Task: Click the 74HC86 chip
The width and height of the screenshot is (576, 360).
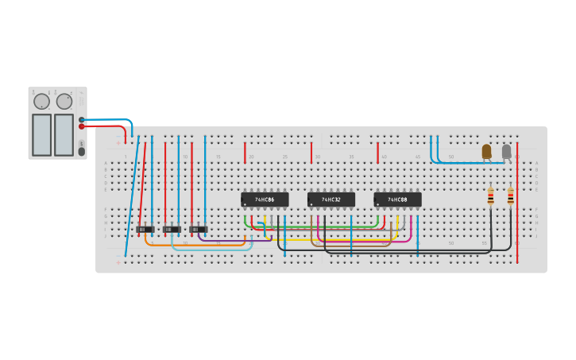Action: click(x=265, y=199)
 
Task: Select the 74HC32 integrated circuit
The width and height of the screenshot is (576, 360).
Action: click(x=331, y=199)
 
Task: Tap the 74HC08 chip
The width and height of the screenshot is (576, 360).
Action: click(x=397, y=199)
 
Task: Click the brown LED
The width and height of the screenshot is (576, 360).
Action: click(x=486, y=150)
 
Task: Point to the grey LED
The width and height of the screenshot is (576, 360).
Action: click(x=506, y=150)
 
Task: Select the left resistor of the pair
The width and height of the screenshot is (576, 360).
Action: click(x=490, y=196)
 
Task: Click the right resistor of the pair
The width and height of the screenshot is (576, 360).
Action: click(x=510, y=196)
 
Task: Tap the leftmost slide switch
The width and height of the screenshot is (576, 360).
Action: click(x=145, y=230)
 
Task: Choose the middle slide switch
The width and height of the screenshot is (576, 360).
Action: click(x=172, y=230)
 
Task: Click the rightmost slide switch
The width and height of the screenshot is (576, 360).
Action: click(x=199, y=230)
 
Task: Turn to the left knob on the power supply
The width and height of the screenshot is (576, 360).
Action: click(x=41, y=102)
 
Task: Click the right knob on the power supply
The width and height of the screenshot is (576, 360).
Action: click(x=64, y=102)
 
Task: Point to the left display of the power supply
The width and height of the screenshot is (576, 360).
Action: click(x=41, y=134)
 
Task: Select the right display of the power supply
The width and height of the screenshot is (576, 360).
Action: click(x=64, y=134)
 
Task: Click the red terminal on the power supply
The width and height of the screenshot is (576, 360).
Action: click(x=81, y=126)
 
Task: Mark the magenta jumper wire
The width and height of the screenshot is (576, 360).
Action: click(x=365, y=241)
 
